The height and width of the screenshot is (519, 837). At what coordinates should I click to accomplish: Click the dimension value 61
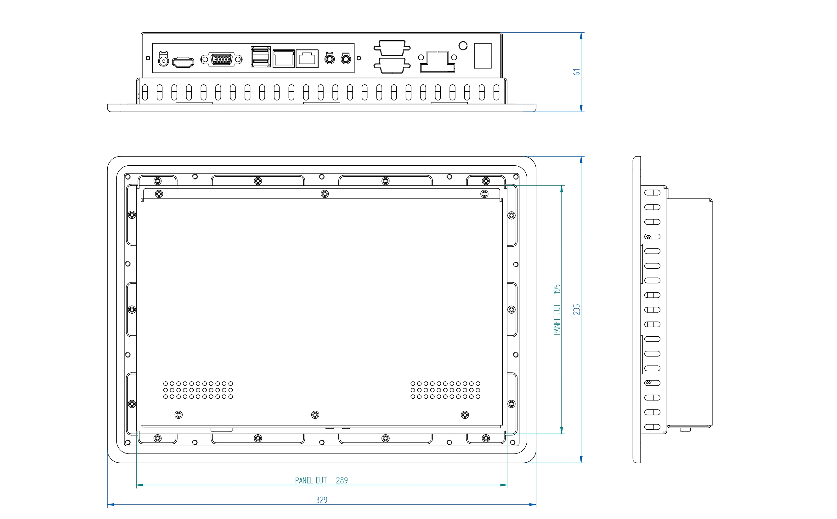pyautogui.click(x=577, y=72)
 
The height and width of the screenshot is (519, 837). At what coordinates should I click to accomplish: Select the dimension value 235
pyautogui.click(x=577, y=310)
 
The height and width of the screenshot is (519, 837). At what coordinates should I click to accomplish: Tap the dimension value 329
pyautogui.click(x=321, y=500)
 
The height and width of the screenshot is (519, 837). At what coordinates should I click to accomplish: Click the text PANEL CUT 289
pyautogui.click(x=321, y=480)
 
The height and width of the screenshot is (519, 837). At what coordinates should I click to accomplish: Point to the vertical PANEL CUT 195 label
pyautogui.click(x=557, y=310)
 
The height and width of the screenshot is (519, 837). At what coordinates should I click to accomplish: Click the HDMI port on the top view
pyautogui.click(x=183, y=62)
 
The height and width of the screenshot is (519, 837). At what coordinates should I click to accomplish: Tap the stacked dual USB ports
pyautogui.click(x=261, y=57)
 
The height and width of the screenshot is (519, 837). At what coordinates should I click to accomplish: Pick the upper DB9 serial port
pyautogui.click(x=392, y=48)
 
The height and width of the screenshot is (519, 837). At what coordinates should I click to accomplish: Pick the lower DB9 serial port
pyautogui.click(x=392, y=66)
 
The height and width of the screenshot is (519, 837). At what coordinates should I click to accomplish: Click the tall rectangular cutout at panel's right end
pyautogui.click(x=483, y=56)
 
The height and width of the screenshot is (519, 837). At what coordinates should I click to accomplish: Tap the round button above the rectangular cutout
pyautogui.click(x=463, y=46)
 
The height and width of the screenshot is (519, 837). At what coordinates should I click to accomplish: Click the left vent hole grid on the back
pyautogui.click(x=198, y=390)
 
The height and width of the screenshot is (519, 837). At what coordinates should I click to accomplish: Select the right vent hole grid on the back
pyautogui.click(x=445, y=390)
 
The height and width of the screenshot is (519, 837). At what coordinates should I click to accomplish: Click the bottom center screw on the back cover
pyautogui.click(x=315, y=415)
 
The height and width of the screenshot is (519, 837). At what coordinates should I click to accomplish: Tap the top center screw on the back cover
pyautogui.click(x=325, y=194)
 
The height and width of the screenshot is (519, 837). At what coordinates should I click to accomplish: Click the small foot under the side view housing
pyautogui.click(x=685, y=430)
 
